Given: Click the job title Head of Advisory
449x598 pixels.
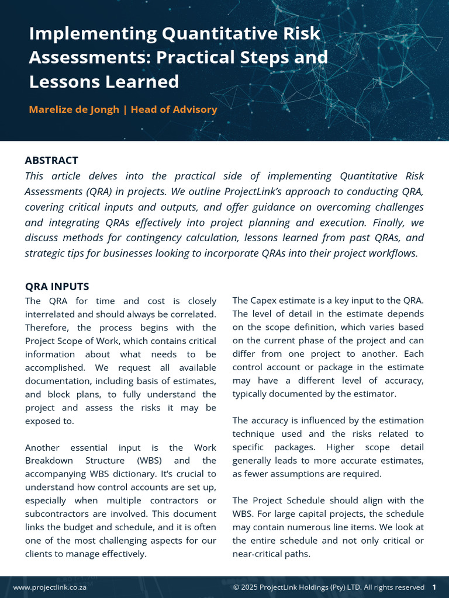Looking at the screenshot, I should (174, 110).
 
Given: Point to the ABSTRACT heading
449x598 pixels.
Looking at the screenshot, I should (51, 161).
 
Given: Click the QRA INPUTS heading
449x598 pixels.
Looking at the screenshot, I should (57, 287).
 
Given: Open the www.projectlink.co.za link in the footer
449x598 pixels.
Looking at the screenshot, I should (50, 587).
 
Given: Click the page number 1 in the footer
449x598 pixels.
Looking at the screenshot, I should (434, 587).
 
